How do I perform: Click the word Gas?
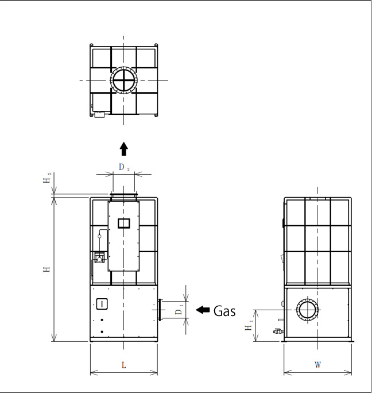tap(224, 311)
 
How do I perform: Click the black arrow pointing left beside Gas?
tap(203, 310)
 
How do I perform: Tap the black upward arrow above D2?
tap(124, 149)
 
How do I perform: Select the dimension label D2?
tap(124, 167)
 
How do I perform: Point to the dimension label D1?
tap(179, 310)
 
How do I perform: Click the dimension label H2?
tap(47, 178)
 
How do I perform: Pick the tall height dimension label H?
tap(47, 269)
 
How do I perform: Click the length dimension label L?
tap(124, 365)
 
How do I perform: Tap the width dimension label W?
tap(317, 365)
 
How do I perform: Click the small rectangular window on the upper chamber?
tap(124, 224)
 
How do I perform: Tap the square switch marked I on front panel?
tap(102, 304)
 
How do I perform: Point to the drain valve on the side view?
tap(278, 332)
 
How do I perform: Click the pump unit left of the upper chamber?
tap(99, 258)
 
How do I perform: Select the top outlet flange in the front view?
tap(124, 194)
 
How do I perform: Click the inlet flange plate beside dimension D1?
tap(160, 310)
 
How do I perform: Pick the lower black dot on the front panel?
tap(102, 332)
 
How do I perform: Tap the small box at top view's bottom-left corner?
tap(99, 114)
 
